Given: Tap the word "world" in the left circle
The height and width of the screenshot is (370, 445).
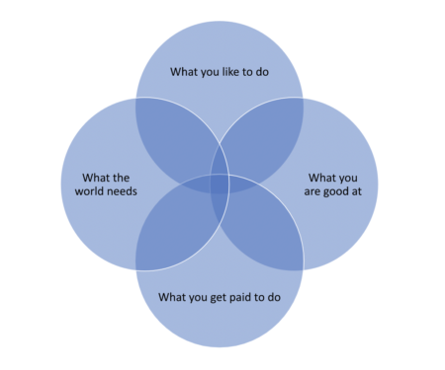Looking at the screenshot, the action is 92,190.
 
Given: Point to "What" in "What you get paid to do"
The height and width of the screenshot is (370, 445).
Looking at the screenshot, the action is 174,295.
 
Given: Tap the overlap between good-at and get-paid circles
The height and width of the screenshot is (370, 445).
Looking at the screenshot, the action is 265,232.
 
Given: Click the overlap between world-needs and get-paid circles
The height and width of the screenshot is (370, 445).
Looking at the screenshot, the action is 173,232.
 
